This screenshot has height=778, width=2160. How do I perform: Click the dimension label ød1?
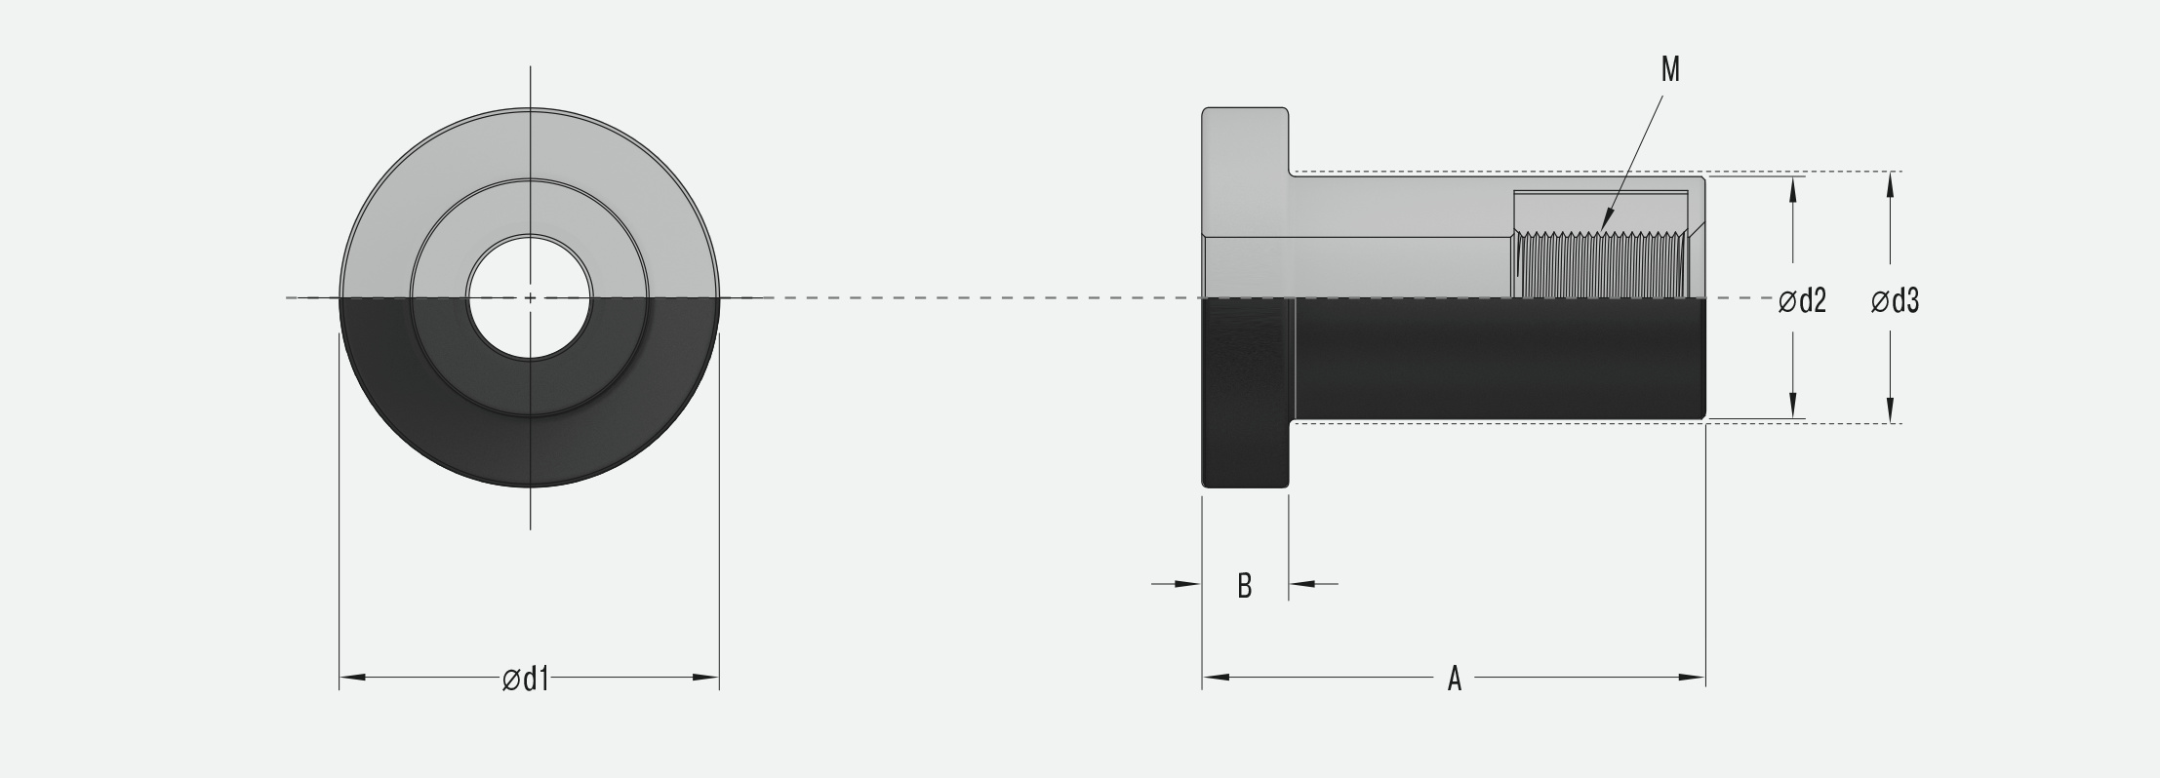526,680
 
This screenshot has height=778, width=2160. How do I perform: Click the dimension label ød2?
1802,302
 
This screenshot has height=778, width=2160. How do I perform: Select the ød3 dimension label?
1895,302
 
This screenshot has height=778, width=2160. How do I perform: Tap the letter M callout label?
1670,70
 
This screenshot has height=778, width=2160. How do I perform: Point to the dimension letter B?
1244,586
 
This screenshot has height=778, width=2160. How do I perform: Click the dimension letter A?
1454,679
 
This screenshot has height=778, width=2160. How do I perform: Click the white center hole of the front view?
530,297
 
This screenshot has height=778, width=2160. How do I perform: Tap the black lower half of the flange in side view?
1245,390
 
